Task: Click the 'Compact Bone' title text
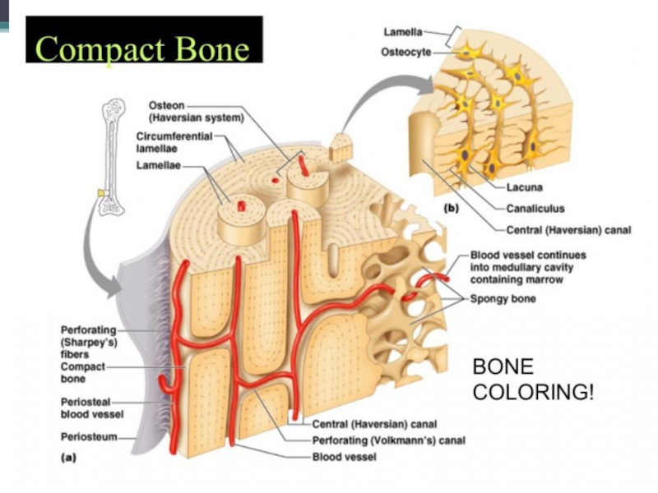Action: (142, 48)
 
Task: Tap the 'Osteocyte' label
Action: (405, 52)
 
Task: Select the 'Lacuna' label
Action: (524, 187)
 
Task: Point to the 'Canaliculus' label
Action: (535, 209)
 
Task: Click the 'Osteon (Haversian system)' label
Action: (197, 112)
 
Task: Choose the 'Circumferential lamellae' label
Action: (174, 142)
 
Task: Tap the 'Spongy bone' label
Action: (503, 298)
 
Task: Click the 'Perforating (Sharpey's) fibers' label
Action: (89, 342)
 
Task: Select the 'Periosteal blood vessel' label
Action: (92, 408)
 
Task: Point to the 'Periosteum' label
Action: (89, 437)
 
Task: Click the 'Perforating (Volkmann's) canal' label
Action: (388, 440)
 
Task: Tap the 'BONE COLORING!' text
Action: (533, 380)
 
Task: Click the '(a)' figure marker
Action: (69, 458)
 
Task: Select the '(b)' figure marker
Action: (451, 208)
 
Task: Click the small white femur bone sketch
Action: (112, 157)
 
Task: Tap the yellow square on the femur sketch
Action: (100, 192)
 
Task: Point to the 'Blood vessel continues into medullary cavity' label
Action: (528, 267)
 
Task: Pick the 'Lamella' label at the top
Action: (403, 32)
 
